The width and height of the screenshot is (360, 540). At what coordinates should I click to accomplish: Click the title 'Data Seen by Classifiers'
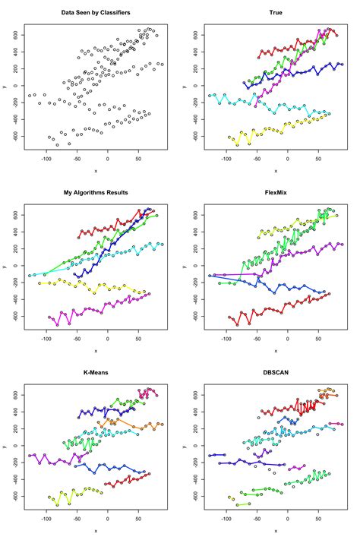coord(96,13)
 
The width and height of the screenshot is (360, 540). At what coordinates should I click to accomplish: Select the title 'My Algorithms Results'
coord(96,194)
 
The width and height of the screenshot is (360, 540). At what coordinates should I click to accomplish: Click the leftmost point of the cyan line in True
coord(210,96)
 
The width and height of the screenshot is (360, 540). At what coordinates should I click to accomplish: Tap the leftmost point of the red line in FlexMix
coord(229,317)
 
